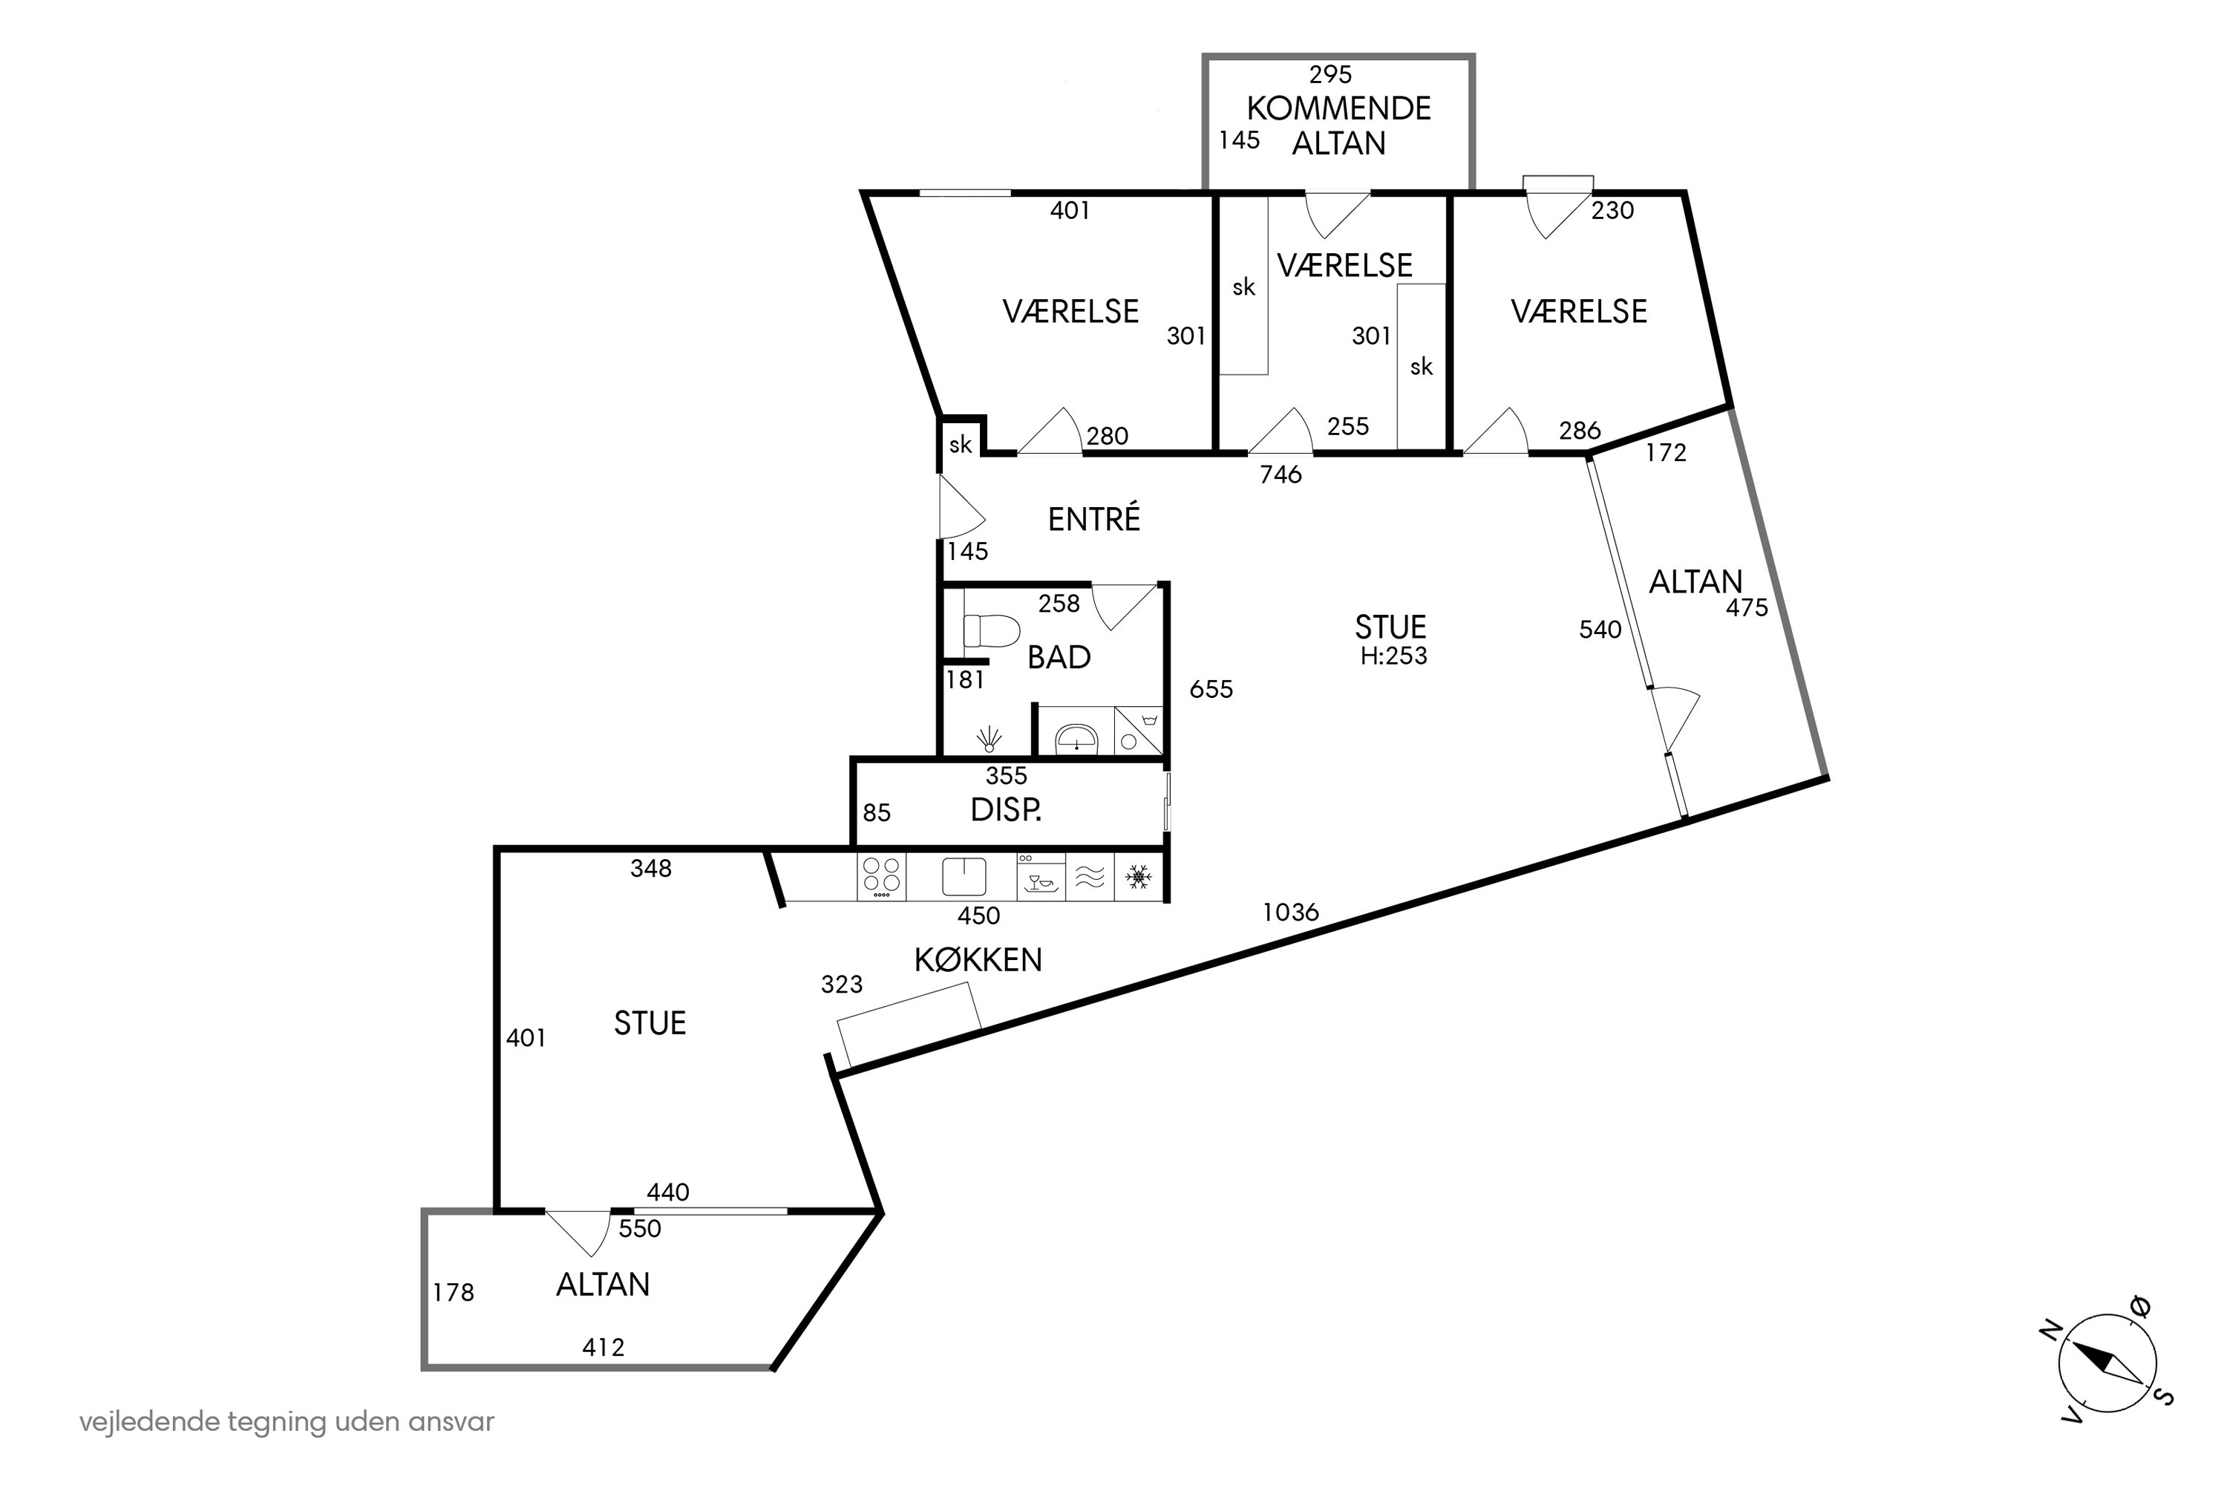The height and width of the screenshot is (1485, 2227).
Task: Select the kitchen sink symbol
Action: (964, 876)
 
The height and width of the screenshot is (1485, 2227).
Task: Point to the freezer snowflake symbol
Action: (1138, 877)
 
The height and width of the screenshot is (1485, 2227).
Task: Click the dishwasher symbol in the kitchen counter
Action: (1041, 876)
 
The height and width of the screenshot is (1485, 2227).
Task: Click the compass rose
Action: (2107, 1365)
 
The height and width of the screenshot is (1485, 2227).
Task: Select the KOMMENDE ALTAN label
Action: (1338, 125)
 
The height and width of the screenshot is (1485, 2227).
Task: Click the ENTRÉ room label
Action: (1093, 518)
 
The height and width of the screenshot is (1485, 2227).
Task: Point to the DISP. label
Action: (1007, 810)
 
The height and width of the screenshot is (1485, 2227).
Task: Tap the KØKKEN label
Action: (978, 960)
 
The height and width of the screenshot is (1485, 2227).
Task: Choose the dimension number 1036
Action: (1291, 912)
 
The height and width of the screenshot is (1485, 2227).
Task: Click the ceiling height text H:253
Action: (1394, 656)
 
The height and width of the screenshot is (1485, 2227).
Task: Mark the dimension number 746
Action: (1281, 474)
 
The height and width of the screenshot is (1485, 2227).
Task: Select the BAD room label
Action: (1059, 657)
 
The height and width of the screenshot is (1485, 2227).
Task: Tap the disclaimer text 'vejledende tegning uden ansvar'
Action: (287, 1423)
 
